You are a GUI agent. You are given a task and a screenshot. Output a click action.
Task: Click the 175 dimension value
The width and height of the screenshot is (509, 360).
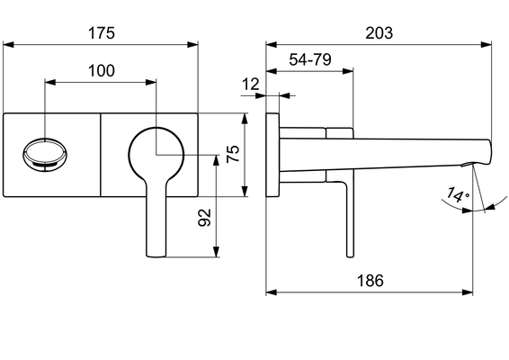102,33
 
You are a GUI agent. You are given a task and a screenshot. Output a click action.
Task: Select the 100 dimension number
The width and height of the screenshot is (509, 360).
102,71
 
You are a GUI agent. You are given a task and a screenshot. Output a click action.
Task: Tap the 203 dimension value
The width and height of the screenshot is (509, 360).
380,33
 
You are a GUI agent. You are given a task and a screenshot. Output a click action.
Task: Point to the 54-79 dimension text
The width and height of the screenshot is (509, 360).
310,59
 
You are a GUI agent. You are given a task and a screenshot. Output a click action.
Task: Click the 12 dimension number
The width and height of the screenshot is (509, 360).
251,85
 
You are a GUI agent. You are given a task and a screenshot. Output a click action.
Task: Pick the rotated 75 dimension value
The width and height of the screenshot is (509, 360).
233,154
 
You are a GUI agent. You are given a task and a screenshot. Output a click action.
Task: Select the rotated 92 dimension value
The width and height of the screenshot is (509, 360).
204,218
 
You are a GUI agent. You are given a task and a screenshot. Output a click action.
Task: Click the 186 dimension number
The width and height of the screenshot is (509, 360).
371,281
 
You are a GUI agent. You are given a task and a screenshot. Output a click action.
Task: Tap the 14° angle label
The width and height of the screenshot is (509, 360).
458,195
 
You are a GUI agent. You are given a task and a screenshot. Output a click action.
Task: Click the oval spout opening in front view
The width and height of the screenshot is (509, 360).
45,154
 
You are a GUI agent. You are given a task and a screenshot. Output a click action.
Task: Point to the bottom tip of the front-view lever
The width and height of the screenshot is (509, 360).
156,256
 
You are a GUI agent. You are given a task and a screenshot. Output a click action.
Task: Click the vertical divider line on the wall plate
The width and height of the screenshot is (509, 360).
101,155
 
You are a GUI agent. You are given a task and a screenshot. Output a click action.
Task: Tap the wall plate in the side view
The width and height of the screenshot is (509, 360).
272,155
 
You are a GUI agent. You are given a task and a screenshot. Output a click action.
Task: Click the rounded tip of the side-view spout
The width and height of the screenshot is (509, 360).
489,152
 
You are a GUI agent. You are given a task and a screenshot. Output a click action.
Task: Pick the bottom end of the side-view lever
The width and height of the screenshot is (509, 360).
350,256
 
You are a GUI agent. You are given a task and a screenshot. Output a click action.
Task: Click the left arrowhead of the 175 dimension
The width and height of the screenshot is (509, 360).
8,44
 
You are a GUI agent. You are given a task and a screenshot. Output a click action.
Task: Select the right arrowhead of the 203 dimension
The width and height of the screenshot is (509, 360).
487,44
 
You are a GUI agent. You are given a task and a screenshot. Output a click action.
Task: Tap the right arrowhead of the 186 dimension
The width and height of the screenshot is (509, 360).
468,292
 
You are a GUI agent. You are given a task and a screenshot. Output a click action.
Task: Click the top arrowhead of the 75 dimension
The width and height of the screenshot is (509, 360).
245,119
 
